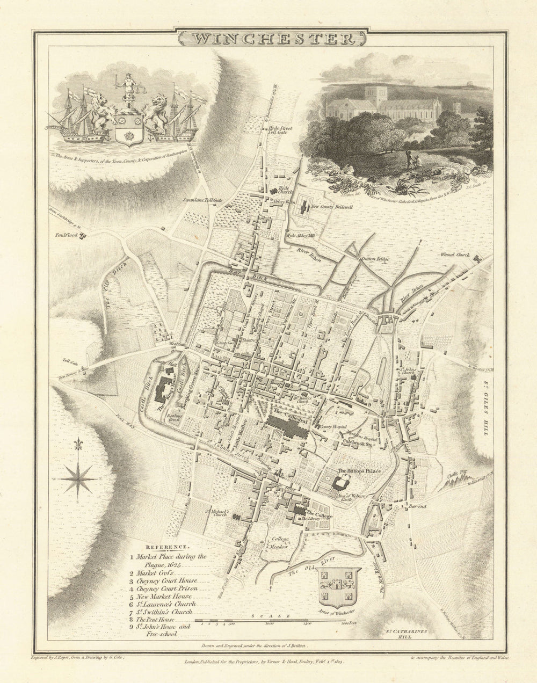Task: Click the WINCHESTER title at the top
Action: (x=271, y=39)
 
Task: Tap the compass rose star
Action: (x=78, y=478)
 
